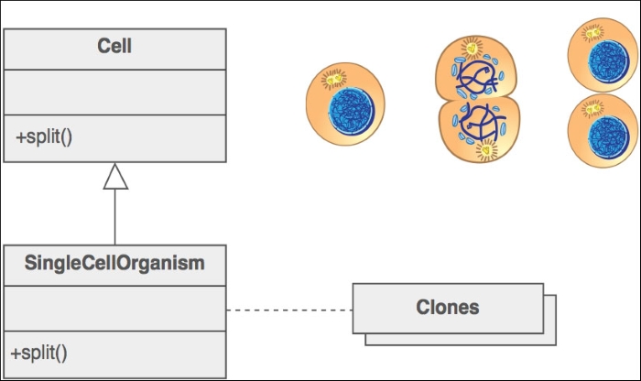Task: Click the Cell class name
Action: point(114,46)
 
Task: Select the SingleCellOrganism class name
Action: point(114,263)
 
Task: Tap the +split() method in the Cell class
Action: point(44,137)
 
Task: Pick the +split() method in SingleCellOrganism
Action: point(38,354)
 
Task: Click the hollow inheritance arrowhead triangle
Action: point(115,177)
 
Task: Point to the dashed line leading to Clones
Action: point(289,310)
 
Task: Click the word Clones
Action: point(448,308)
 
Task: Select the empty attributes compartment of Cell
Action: point(114,93)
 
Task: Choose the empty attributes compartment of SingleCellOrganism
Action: point(114,309)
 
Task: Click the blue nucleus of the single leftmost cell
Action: point(352,111)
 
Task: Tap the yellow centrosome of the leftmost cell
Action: point(334,78)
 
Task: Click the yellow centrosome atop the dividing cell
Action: point(472,49)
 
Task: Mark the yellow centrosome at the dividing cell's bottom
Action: point(486,150)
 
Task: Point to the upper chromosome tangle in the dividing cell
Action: point(477,77)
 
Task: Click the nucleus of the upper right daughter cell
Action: point(608,61)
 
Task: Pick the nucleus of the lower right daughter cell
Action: point(609,138)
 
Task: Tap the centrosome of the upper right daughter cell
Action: point(592,33)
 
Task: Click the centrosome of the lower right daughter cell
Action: point(592,109)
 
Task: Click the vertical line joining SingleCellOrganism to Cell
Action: point(115,217)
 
